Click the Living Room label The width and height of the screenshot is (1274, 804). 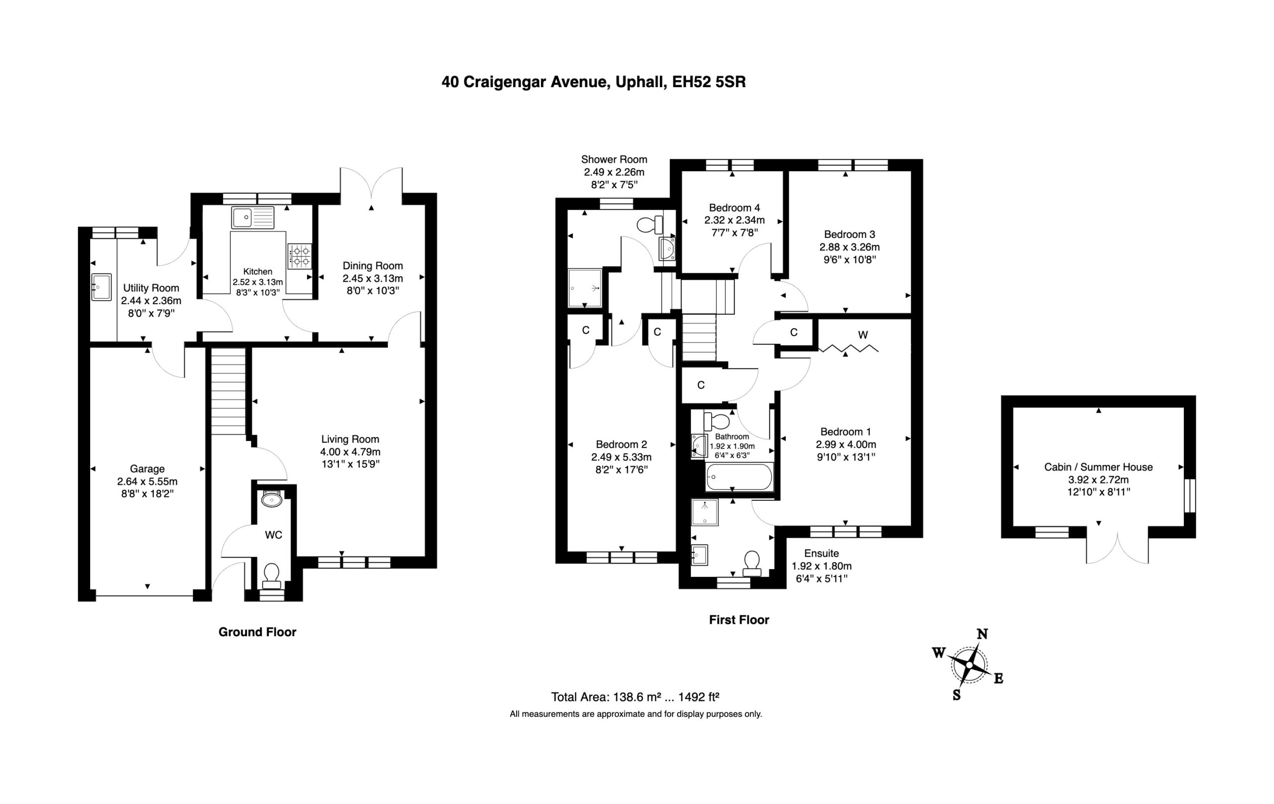[350, 439]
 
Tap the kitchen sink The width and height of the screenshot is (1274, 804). [253, 217]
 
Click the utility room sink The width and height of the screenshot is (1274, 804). [101, 287]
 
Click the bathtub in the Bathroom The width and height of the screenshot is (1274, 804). [740, 477]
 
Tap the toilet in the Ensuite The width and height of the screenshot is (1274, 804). [752, 564]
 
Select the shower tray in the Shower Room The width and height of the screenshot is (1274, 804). [585, 288]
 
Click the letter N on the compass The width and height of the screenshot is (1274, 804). [982, 634]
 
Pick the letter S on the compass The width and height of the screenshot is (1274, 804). [956, 695]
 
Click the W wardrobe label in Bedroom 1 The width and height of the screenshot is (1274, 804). [863, 335]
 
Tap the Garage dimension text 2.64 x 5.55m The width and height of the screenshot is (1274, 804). [148, 482]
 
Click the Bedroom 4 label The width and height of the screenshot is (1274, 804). [735, 208]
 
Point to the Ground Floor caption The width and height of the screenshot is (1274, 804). [258, 632]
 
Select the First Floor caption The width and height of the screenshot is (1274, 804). [739, 620]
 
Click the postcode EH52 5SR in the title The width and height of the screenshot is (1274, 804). [709, 82]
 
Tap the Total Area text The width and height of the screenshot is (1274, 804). [635, 697]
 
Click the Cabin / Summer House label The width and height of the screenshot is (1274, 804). [1098, 467]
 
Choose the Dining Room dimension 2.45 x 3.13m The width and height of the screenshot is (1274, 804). [373, 278]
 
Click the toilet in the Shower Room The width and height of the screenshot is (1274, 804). [650, 225]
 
